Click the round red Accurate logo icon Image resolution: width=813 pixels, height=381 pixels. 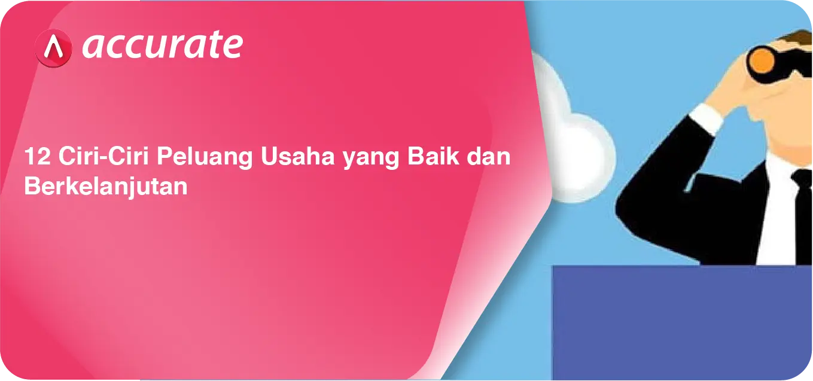point(53,48)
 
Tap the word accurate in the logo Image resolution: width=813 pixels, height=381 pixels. point(163,44)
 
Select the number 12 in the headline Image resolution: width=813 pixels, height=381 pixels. point(37,156)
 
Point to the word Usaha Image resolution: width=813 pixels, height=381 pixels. point(297,156)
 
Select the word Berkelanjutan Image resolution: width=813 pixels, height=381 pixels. point(106,187)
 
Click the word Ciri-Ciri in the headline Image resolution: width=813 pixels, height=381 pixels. point(103,156)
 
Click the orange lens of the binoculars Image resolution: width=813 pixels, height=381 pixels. point(762,60)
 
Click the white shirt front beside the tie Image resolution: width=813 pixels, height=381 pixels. point(777,214)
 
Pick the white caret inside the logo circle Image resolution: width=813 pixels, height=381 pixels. point(54,47)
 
